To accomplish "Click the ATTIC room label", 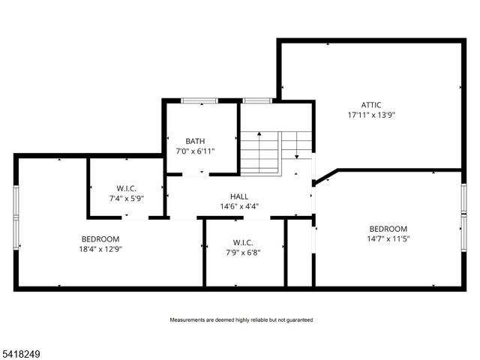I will (370, 105).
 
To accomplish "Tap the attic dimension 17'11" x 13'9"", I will (370, 115).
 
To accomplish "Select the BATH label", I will (196, 140).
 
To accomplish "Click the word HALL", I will (239, 196).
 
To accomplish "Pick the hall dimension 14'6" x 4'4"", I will (239, 206).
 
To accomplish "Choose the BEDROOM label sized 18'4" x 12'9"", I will (100, 238).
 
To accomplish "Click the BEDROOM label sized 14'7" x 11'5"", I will (388, 229).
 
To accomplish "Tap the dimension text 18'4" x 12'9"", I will (100, 249).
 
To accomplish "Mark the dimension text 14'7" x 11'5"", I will (388, 239).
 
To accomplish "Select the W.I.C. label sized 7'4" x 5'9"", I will (125, 187).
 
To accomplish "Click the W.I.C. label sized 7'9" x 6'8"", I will (242, 242).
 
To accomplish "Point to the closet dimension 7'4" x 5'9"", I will (125, 198).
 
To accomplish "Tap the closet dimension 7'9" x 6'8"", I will (242, 253).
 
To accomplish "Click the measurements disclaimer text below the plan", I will (241, 320).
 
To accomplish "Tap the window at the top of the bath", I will (199, 100).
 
